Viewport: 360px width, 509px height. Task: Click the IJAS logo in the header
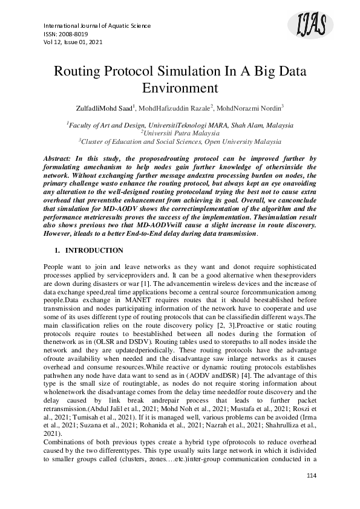(312, 26)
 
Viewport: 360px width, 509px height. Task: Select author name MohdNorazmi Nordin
(249, 108)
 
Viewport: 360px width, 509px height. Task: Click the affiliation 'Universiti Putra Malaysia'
(180, 132)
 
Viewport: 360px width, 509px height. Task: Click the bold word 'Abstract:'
(61, 158)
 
